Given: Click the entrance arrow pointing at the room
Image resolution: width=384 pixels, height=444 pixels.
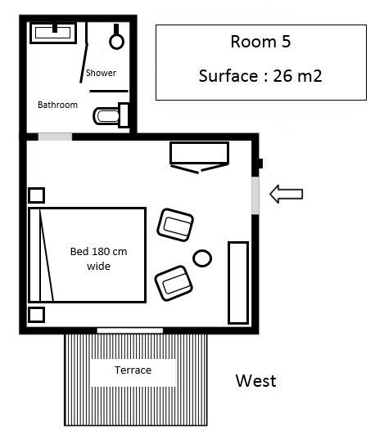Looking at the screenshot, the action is (x=286, y=194).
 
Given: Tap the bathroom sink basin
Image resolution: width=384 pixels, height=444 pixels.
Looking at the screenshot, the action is (x=53, y=33).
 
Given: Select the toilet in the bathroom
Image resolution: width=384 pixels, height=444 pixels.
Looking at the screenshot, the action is (x=111, y=115).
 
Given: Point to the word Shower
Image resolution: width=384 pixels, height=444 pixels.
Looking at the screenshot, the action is (x=101, y=73).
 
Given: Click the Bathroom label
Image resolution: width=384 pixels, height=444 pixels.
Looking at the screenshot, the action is (x=57, y=105).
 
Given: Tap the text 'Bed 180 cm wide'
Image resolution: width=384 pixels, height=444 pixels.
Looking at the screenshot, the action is (x=99, y=258).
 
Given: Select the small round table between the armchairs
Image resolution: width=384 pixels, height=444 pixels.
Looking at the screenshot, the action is (x=202, y=258).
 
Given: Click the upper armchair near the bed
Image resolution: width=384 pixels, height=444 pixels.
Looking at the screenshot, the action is (x=175, y=225).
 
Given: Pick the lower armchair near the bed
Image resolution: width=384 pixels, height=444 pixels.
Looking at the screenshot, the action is (x=174, y=283).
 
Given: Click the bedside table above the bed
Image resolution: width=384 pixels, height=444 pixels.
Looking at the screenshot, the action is (x=37, y=195).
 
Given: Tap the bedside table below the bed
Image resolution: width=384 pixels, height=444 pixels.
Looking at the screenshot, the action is (x=37, y=315).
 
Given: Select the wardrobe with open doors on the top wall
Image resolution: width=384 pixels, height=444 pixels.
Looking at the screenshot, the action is (x=200, y=158).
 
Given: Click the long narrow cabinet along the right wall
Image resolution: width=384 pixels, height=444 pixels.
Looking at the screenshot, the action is (x=238, y=283).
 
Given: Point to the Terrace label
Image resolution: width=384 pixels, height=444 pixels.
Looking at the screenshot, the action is (x=133, y=370).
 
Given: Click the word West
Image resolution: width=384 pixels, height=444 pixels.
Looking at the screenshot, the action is (x=255, y=380).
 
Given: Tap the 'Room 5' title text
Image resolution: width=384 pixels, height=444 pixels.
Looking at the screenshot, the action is (x=260, y=42).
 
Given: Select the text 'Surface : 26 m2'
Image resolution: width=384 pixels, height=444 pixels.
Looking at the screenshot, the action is (x=260, y=75).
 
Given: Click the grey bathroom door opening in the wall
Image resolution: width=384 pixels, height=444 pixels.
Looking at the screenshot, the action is (x=55, y=137).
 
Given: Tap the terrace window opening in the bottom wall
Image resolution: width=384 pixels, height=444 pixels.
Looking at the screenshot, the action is (x=130, y=330).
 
